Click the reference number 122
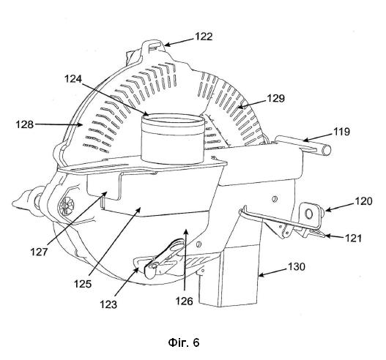point(204,37)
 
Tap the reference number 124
point(73,79)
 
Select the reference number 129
point(276,98)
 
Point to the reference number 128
point(24,124)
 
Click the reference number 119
point(341,132)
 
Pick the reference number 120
point(363,201)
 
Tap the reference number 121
point(353,239)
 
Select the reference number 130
point(297,266)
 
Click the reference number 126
point(184,301)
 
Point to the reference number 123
point(108,304)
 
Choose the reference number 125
point(83,284)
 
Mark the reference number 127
point(39,252)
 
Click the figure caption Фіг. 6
point(184,342)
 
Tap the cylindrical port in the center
point(173,139)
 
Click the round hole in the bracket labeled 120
point(308,214)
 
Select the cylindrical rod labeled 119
point(303,146)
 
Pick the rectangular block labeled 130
point(229,275)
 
